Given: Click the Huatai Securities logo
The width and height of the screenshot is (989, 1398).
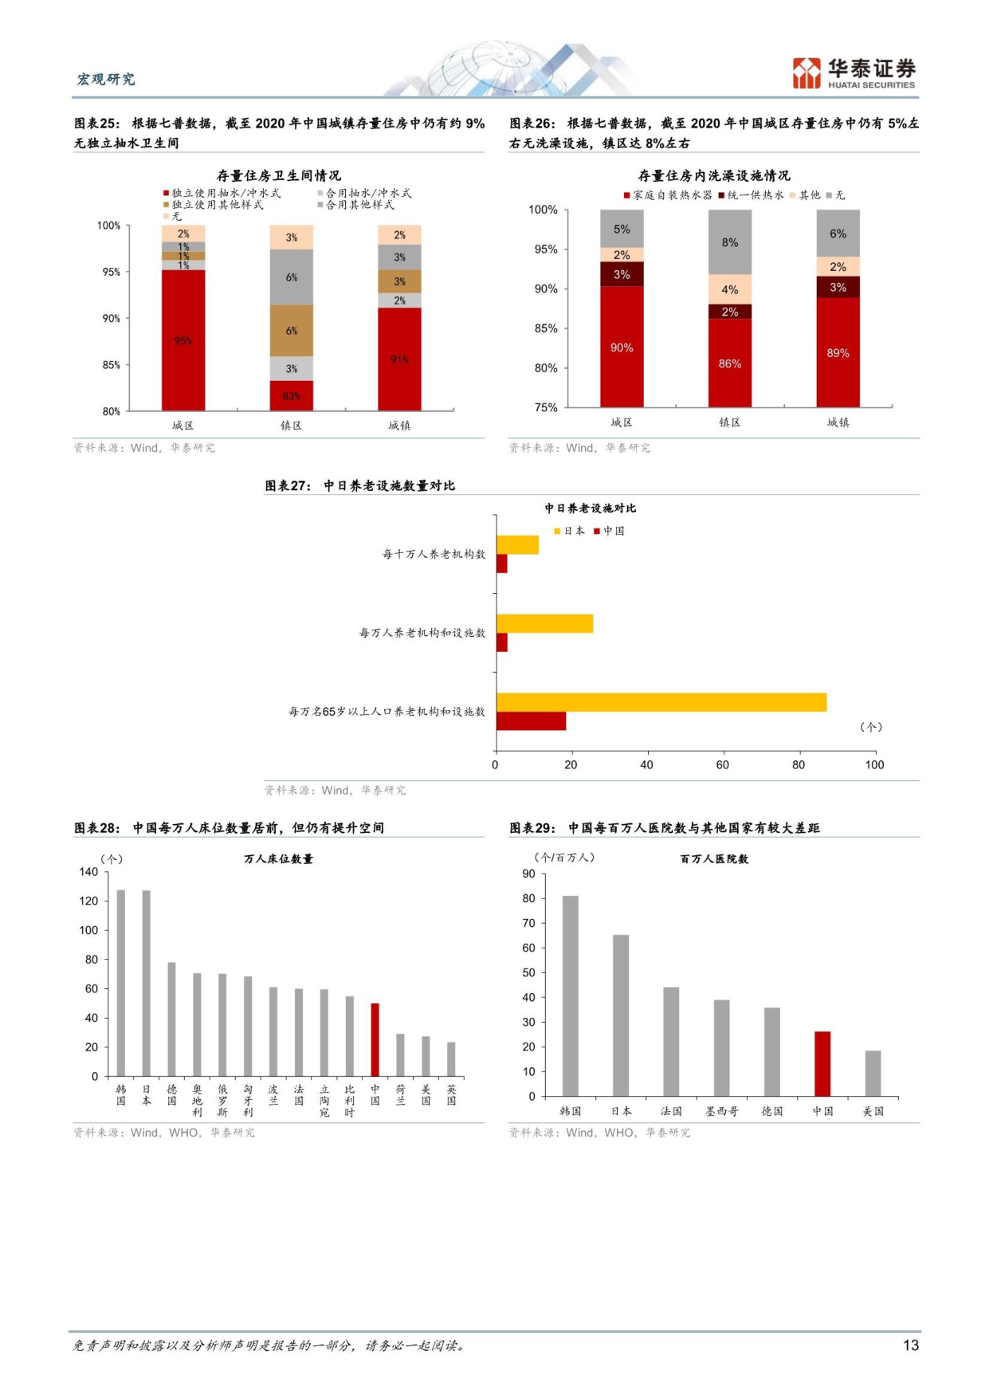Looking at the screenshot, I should coord(853,73).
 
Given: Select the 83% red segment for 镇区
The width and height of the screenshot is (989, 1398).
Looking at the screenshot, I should coord(291,395).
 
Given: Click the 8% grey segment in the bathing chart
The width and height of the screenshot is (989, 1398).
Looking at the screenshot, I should coord(729,242).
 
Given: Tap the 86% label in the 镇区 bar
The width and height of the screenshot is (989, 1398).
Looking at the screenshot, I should coord(729,363).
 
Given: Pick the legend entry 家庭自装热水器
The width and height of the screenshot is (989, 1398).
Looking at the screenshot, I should coord(668,194).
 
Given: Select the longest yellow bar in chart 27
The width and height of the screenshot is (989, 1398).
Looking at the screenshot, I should coord(661,702).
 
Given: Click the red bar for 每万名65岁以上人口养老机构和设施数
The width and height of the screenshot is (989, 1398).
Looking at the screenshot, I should coord(531,721).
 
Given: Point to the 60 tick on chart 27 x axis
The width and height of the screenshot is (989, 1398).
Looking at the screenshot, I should coord(722,764).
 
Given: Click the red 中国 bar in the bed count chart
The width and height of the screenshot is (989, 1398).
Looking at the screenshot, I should coord(375,1039).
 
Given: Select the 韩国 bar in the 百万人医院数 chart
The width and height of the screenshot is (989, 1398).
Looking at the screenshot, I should coord(570,995).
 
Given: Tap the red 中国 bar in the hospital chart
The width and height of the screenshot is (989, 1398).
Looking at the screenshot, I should coord(822,1063).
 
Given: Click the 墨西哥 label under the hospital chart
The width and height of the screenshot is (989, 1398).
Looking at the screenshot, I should coord(721,1111).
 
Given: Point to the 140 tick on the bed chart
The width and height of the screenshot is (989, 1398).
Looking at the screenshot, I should coord(88,872).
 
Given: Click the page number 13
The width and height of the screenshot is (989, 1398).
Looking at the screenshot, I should coord(910,1345).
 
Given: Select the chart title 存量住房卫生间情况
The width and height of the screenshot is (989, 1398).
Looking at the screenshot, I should coord(278,175).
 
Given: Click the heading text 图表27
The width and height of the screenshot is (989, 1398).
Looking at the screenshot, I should coord(288,485).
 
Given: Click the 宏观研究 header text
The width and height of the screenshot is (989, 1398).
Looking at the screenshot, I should coord(106,79).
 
